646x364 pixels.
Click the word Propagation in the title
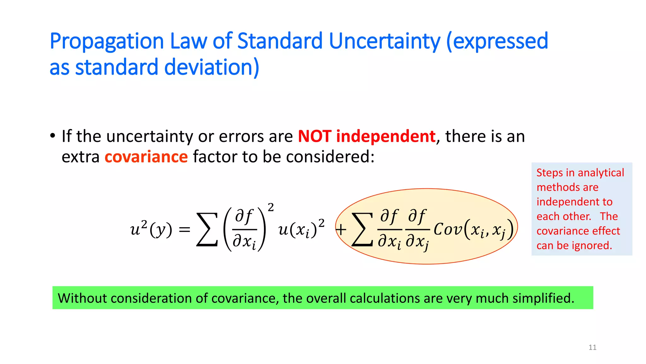click(x=107, y=42)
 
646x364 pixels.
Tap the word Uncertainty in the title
click(x=385, y=42)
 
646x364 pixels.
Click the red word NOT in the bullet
click(x=314, y=136)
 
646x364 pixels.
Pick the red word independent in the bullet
click(x=386, y=136)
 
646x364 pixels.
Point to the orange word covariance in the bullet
click(x=146, y=157)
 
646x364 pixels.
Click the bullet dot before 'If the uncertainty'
click(x=53, y=136)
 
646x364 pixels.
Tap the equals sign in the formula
click(x=185, y=229)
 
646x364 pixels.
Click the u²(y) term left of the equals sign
click(x=151, y=229)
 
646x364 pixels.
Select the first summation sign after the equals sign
click(x=207, y=229)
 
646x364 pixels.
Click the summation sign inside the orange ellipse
click(x=362, y=229)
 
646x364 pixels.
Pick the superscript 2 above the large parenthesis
click(x=271, y=207)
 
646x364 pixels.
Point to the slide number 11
click(x=592, y=348)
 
